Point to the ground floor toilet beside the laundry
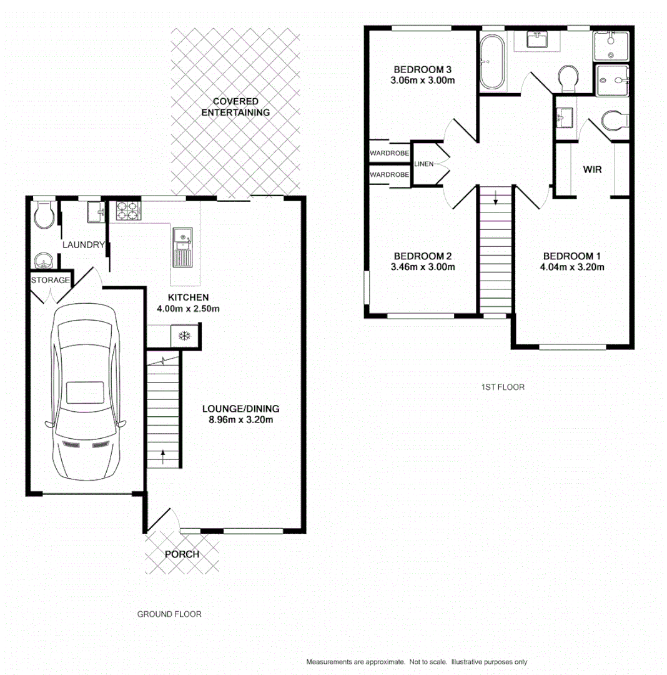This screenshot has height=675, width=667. pyautogui.click(x=43, y=215)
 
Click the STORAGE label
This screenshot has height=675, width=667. pyautogui.click(x=50, y=280)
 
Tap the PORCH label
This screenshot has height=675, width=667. pyautogui.click(x=182, y=554)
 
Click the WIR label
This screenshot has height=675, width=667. pyautogui.click(x=592, y=169)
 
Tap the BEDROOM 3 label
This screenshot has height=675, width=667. pyautogui.click(x=422, y=69)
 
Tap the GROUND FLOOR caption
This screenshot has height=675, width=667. pyautogui.click(x=169, y=614)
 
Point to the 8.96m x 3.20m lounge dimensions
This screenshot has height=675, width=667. pyautogui.click(x=240, y=419)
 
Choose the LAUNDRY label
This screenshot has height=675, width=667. pyautogui.click(x=82, y=245)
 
